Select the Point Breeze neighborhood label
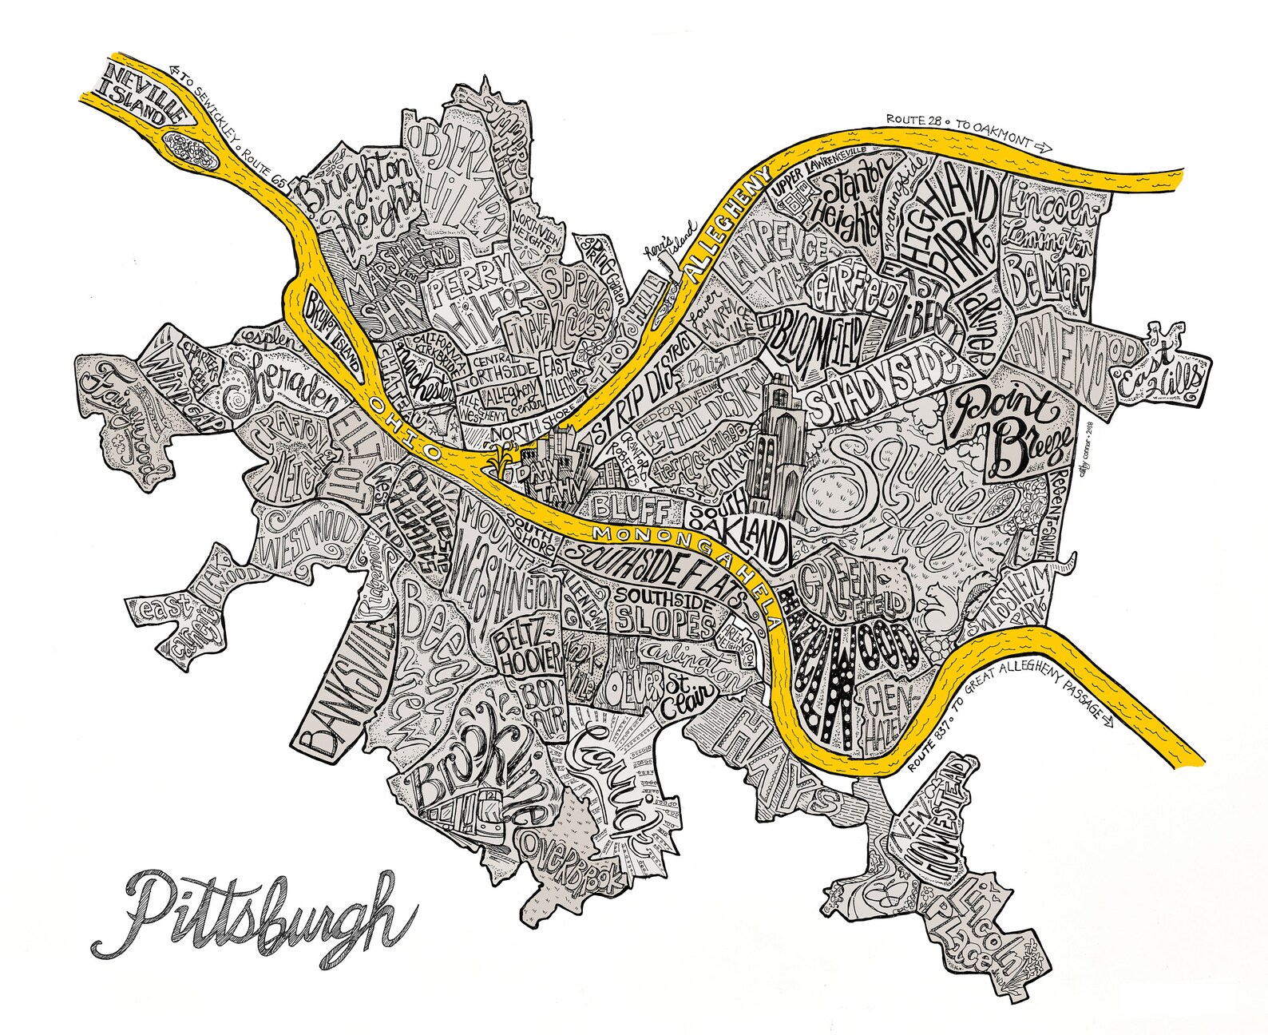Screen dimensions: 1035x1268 [x=1010, y=431]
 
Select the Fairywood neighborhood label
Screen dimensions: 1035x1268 [x=128, y=423]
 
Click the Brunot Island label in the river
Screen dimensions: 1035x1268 [x=329, y=329]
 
